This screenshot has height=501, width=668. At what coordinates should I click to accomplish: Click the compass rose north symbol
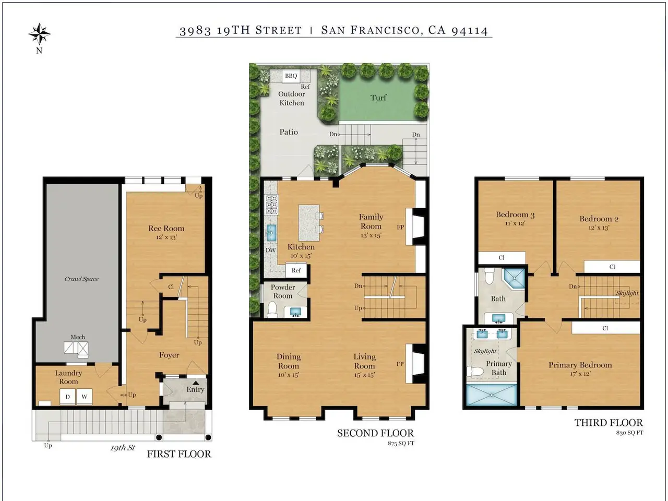40,34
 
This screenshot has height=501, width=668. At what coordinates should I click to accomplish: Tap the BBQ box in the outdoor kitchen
291,76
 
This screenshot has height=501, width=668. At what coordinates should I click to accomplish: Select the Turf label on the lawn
378,98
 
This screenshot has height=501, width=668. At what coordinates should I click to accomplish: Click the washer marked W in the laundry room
85,397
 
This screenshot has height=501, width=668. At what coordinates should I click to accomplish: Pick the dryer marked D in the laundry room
67,397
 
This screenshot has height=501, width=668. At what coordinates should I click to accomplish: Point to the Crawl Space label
81,279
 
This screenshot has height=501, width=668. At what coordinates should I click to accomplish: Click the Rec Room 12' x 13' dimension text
166,237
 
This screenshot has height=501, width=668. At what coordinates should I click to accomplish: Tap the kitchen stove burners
272,205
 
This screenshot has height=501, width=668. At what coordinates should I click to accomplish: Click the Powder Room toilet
272,309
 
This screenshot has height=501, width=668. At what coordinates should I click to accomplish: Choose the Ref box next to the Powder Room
296,270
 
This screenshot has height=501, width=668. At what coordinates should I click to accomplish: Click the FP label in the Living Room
400,364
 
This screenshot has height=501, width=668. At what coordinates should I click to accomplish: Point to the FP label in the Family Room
400,227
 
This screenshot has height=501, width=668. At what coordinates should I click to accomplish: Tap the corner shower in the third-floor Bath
514,279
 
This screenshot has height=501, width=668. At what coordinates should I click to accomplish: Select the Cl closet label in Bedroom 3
501,258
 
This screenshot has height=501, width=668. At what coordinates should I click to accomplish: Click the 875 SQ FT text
401,443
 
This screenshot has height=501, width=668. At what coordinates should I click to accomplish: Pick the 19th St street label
122,448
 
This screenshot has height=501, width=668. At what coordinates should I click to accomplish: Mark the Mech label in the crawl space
78,337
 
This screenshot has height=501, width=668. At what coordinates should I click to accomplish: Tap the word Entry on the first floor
195,389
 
